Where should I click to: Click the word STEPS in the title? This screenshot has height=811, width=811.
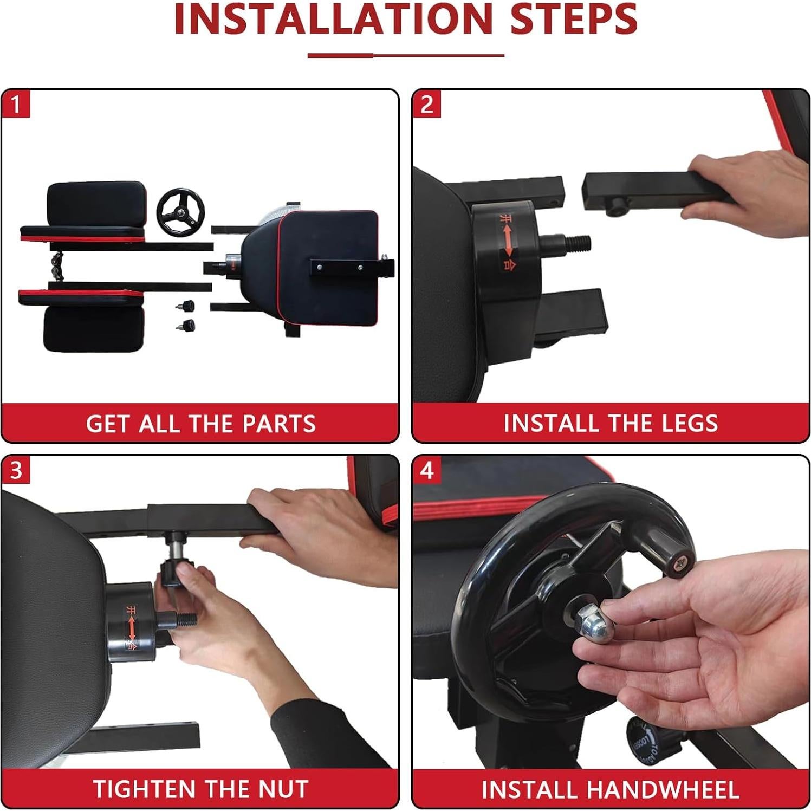pos(574,20)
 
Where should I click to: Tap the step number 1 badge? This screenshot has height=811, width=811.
pos(16,104)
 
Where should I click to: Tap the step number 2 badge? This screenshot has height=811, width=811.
pos(426,104)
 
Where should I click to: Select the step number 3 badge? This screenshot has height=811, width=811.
pos(16,470)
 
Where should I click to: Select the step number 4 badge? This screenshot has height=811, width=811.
pos(426,470)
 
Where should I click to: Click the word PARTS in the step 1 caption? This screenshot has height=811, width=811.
pos(278,424)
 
